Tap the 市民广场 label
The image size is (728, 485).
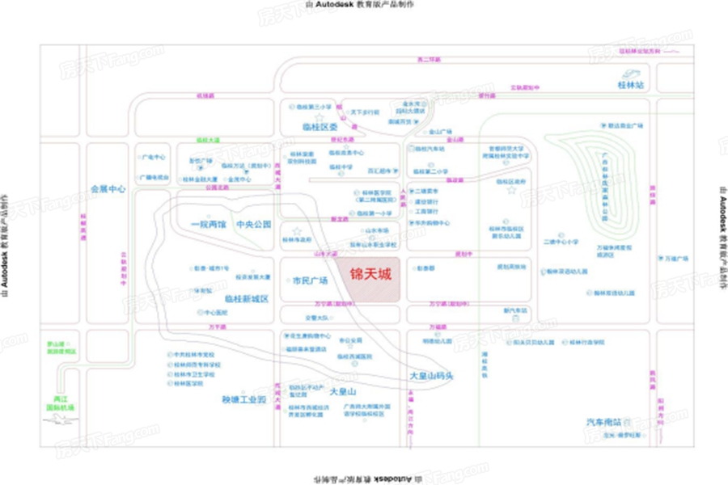310,281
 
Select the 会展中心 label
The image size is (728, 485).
108,188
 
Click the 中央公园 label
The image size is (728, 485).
253,224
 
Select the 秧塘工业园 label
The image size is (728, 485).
244,399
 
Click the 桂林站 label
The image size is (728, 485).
630,84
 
